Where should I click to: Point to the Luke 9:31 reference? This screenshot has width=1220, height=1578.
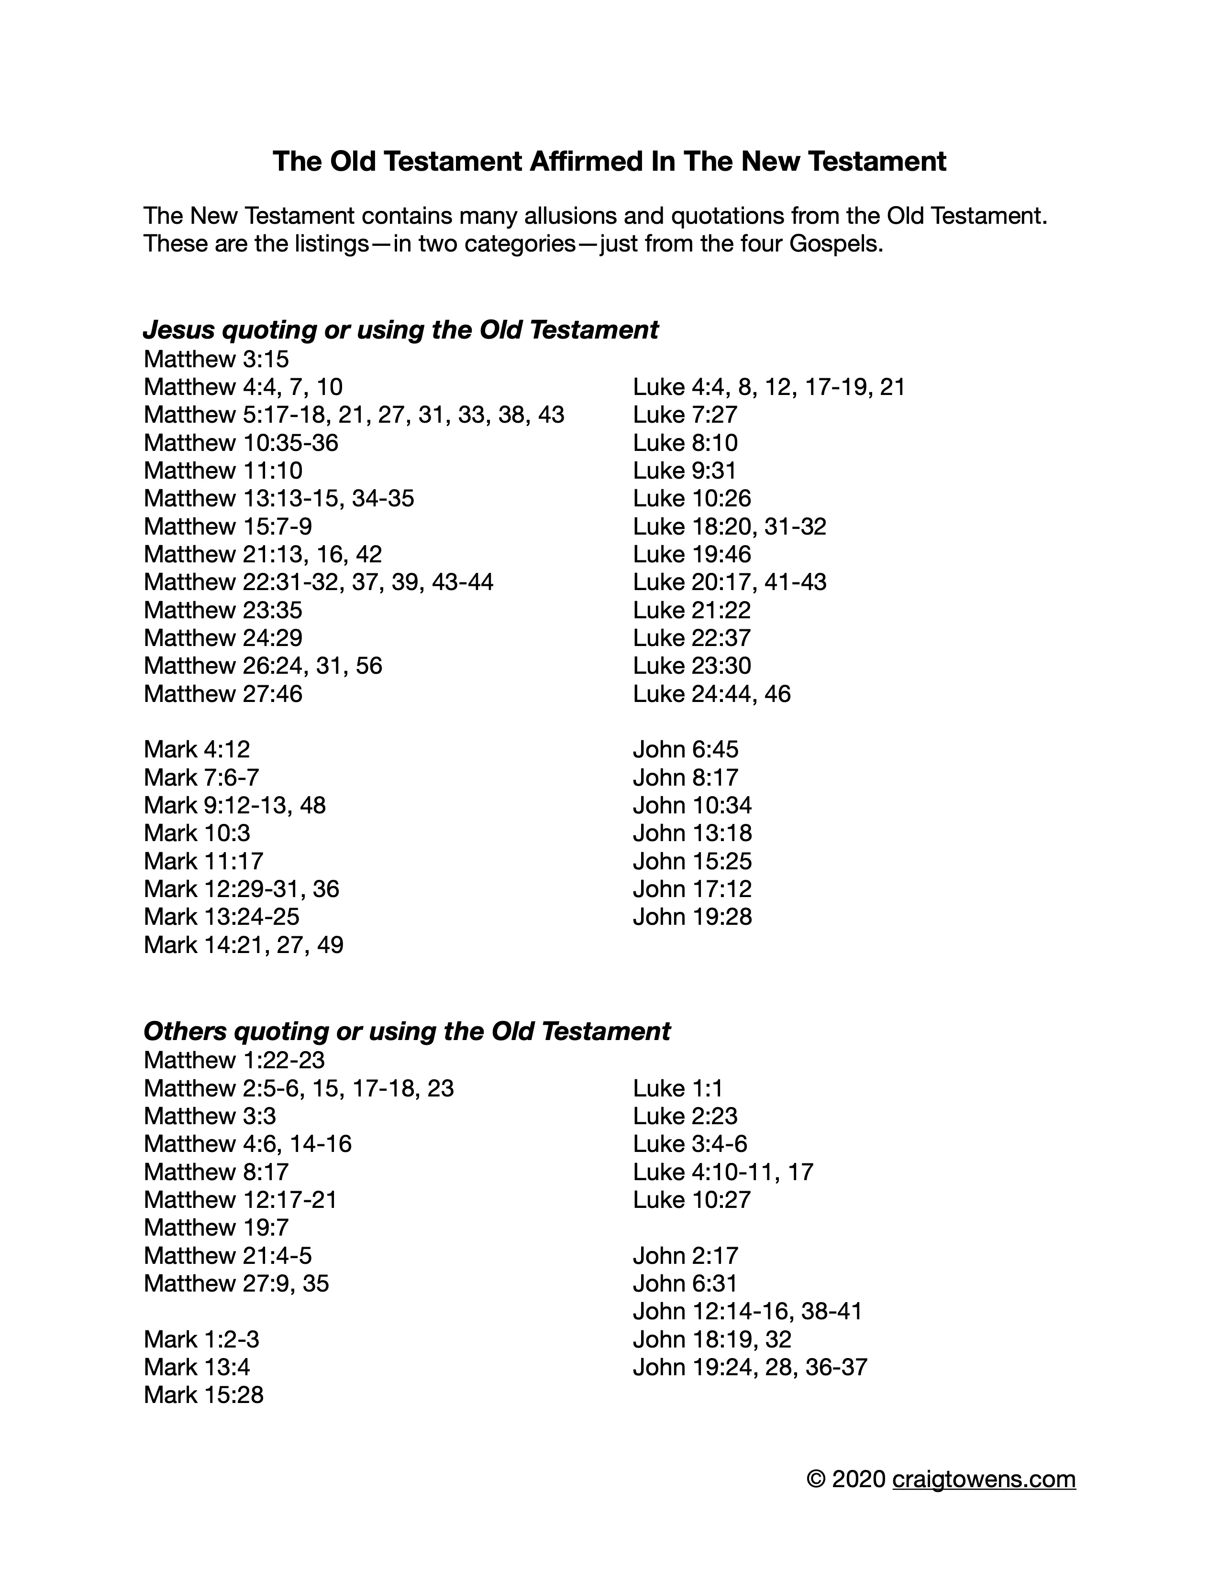click(x=685, y=471)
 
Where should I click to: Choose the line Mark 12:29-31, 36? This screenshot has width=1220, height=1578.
click(x=242, y=889)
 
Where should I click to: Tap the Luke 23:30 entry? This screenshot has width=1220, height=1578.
click(x=692, y=666)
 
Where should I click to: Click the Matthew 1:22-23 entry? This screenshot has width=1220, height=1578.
click(x=234, y=1060)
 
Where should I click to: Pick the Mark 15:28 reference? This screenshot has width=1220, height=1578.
click(x=204, y=1395)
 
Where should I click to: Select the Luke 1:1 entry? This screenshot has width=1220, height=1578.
click(x=678, y=1088)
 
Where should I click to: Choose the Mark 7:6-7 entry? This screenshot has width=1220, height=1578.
click(x=201, y=778)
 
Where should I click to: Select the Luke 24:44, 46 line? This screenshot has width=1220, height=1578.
click(x=712, y=694)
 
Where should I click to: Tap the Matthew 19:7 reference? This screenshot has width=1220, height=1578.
click(x=216, y=1227)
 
